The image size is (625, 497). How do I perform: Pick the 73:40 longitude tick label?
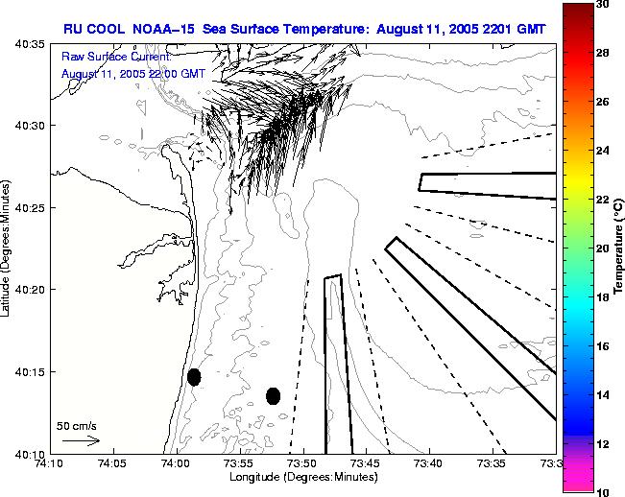(x=429, y=464)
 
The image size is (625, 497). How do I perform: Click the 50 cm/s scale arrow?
(x=81, y=440)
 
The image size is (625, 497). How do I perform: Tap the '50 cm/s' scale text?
(x=76, y=425)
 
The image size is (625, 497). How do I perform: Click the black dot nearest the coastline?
(x=194, y=377)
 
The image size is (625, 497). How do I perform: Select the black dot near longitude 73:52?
(x=273, y=395)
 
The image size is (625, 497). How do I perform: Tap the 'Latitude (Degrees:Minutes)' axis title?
(x=8, y=249)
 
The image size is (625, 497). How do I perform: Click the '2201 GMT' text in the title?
(x=511, y=29)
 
